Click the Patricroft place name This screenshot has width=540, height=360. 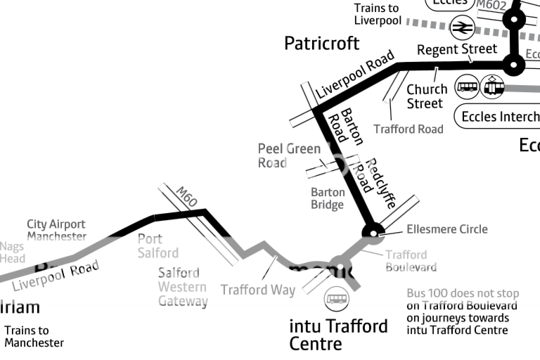coord(321,44)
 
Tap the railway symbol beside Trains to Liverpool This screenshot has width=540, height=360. coord(462,27)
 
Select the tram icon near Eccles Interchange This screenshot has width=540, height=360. coord(494,87)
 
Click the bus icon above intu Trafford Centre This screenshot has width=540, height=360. coord(336,300)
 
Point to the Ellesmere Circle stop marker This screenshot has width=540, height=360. coord(372,231)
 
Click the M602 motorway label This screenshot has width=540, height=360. coord(491,5)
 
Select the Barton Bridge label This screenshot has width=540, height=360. coord(328,198)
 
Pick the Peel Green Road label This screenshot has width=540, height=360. coord(289,156)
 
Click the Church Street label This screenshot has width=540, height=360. coord(426,96)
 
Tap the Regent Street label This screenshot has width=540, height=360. coord(456,50)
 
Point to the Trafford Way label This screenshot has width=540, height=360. coord(258,290)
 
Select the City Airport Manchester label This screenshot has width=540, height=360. coord(56,231)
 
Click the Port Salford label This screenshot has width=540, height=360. coord(157,246)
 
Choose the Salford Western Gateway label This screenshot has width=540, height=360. coord(182,287)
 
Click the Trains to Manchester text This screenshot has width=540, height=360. coord(34,337)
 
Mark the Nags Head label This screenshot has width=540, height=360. coord(12,252)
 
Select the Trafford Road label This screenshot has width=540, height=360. coord(409,129)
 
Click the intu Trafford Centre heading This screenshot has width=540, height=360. coord(338,335)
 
